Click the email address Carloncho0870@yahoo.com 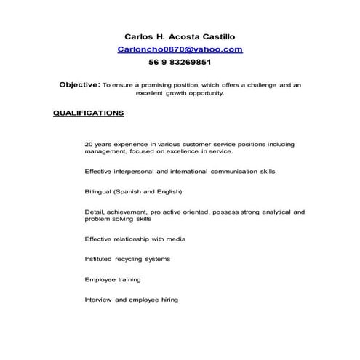[x=180, y=49]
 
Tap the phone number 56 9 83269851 [x=180, y=63]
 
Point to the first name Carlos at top [x=140, y=36]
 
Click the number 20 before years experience [x=89, y=145]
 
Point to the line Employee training [x=113, y=279]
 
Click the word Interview [x=98, y=300]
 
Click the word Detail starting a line [x=94, y=212]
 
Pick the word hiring [x=168, y=300]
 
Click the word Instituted [x=98, y=259]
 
